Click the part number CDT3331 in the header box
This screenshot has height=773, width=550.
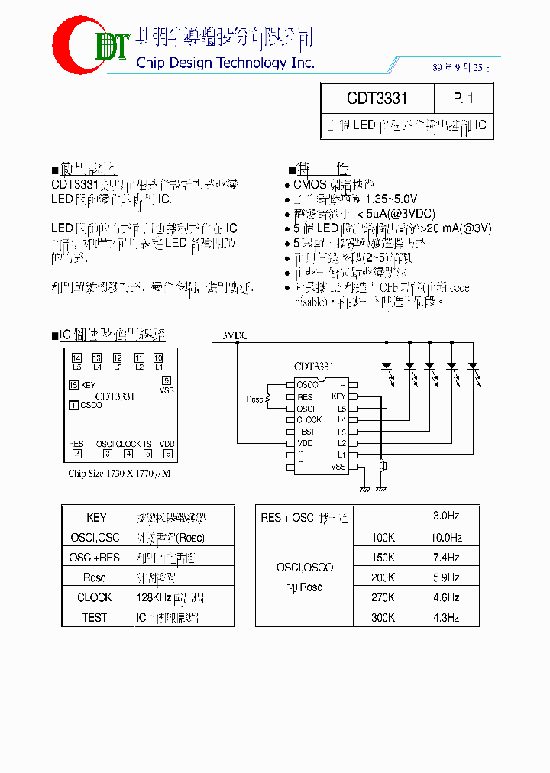(377, 99)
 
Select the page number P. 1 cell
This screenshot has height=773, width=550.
(463, 99)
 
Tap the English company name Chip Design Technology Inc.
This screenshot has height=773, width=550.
(225, 63)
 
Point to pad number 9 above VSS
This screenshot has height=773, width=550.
(167, 380)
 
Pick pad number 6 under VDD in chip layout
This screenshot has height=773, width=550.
(167, 453)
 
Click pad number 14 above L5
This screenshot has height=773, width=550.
(76, 357)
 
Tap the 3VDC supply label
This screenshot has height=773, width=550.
(235, 335)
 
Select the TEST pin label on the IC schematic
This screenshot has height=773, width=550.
(306, 432)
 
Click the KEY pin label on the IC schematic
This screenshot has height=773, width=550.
(338, 396)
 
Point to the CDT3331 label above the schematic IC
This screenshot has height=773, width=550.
(314, 367)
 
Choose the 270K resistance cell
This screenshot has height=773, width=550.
(383, 597)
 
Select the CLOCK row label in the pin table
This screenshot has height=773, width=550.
(95, 597)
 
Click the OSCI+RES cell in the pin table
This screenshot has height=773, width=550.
(95, 558)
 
